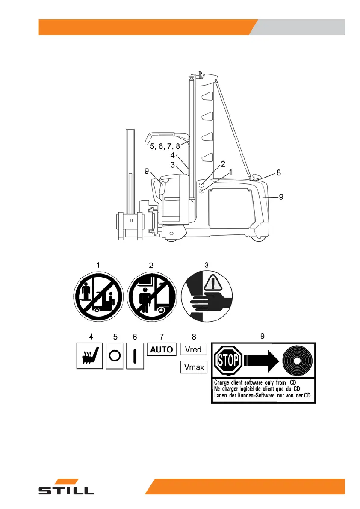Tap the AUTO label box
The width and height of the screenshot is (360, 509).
tap(162, 349)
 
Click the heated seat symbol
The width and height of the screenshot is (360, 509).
tap(89, 355)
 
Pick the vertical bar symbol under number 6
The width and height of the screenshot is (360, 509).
tap(136, 355)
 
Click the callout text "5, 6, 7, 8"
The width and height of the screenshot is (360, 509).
tap(165, 146)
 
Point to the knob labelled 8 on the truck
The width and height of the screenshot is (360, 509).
tap(257, 176)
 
